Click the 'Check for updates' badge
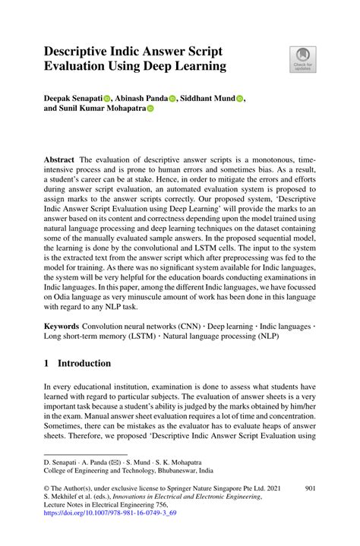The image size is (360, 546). pyautogui.click(x=303, y=60)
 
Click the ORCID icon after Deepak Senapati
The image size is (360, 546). pyautogui.click(x=107, y=98)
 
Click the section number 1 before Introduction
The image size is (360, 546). pyautogui.click(x=47, y=363)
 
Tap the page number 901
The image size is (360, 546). pyautogui.click(x=310, y=489)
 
